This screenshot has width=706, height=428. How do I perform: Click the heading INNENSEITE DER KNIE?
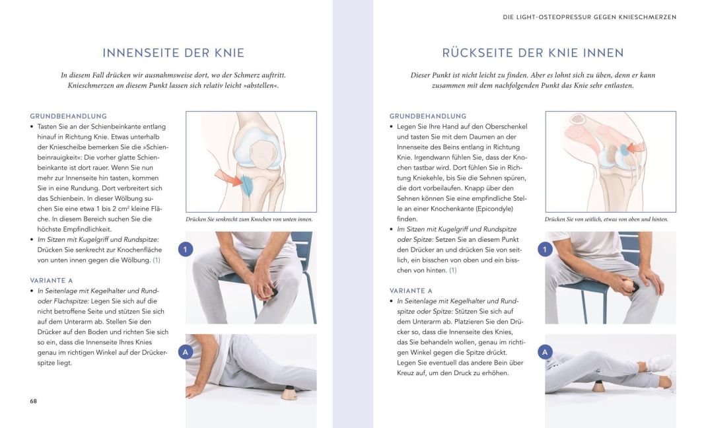click(x=173, y=53)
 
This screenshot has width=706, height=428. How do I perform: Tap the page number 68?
click(x=33, y=401)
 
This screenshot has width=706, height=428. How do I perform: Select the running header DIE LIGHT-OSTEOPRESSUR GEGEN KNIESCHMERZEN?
click(x=589, y=17)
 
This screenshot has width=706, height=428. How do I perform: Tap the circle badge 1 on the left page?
click(x=186, y=250)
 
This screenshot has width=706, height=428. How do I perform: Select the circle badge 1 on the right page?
click(x=545, y=250)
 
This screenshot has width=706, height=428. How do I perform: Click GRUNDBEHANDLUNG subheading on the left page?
click(x=68, y=116)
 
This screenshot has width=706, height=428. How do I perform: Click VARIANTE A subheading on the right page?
click(x=411, y=291)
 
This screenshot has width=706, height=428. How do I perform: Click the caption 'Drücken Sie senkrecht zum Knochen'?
click(x=249, y=219)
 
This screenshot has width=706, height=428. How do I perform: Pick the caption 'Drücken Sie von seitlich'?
click(x=606, y=219)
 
